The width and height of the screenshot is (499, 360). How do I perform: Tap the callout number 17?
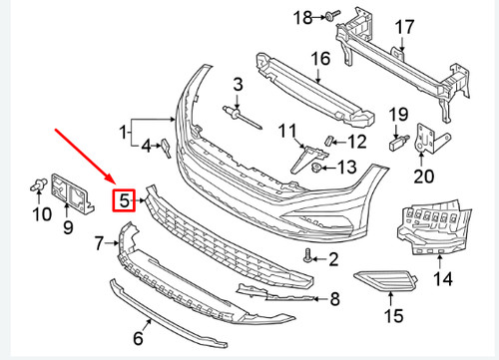click(x=405, y=26)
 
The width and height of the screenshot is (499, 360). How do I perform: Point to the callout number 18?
click(x=302, y=16)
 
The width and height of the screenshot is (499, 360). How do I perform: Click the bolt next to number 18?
click(x=330, y=16)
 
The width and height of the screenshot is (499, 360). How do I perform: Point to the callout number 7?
click(x=100, y=242)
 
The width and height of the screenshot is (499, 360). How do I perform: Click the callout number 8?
click(x=334, y=297)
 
